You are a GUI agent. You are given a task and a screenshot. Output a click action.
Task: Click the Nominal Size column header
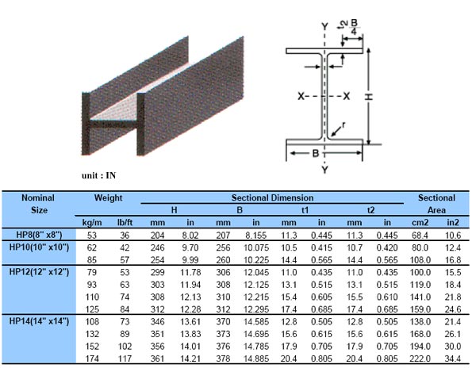(37, 203)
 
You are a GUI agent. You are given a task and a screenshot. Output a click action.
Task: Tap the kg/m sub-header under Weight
(87, 223)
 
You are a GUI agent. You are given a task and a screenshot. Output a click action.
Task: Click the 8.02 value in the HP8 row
(187, 235)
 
